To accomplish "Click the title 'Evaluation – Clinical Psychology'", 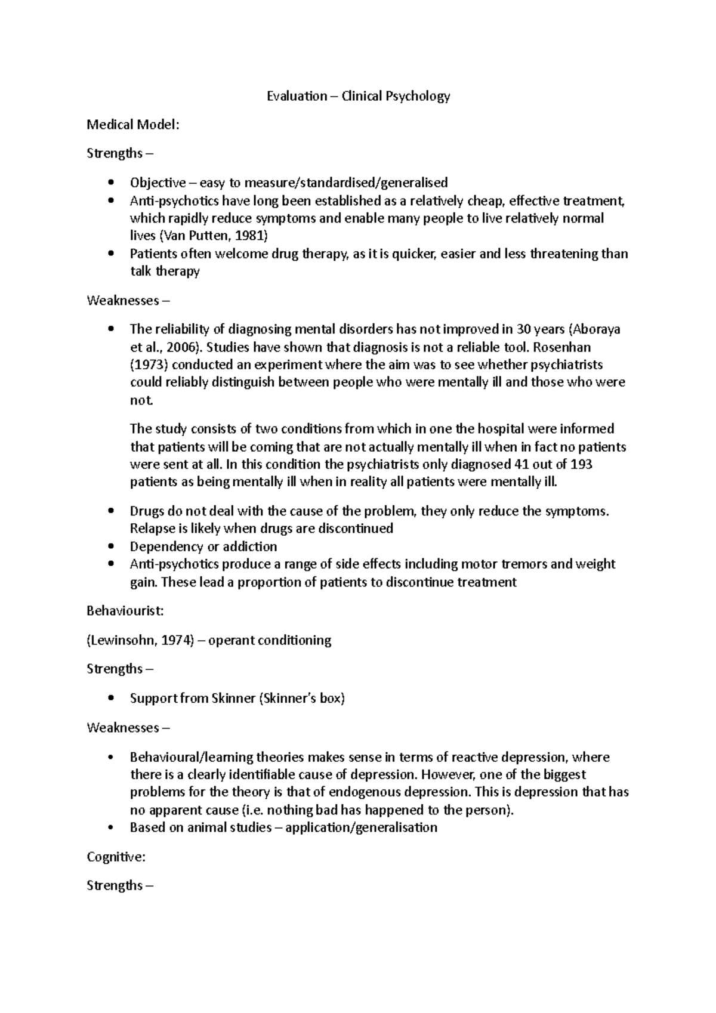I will point(358,96).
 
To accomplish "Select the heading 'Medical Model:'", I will point(133,125).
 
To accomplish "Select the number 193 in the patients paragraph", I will point(581,464).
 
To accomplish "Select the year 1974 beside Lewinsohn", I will point(177,640).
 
